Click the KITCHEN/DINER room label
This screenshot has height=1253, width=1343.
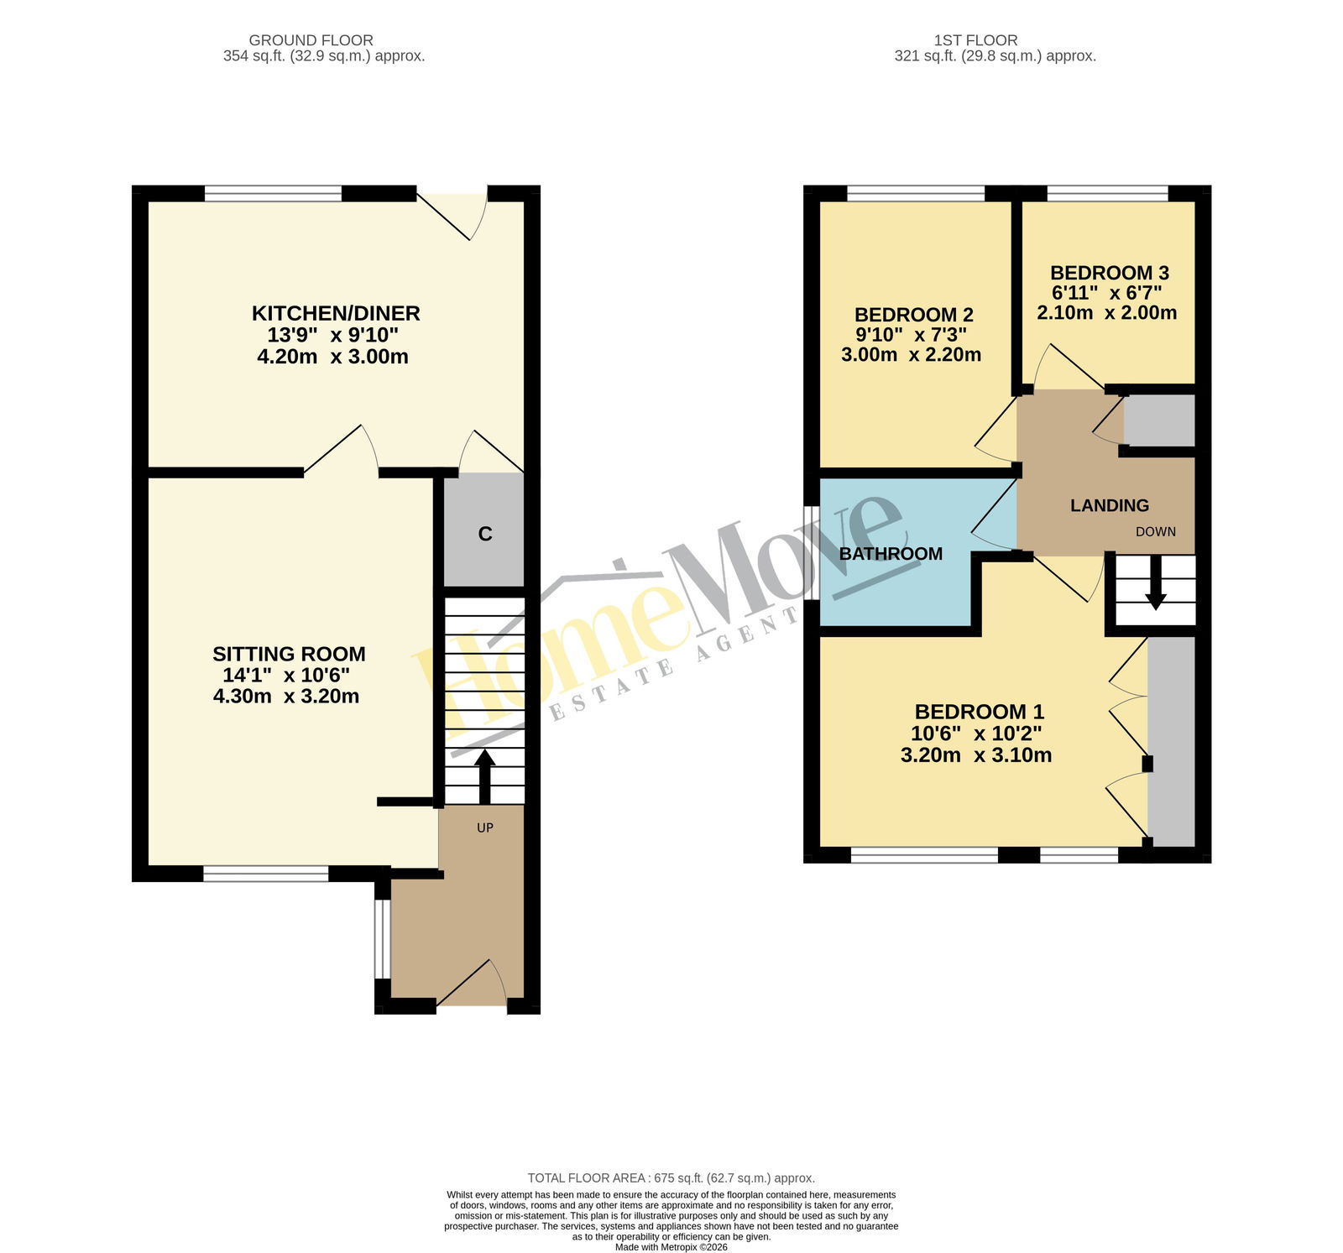336,313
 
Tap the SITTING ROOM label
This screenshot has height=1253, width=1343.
289,654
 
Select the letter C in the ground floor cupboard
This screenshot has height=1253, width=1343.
485,534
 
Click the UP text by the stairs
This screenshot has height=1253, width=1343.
485,828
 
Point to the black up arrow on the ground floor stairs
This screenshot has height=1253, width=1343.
485,777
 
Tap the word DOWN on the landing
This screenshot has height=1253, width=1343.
1156,531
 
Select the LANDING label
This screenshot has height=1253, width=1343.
1110,505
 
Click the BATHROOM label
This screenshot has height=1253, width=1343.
891,554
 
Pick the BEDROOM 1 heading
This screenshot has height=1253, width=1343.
979,712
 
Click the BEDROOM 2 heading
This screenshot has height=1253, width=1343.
913,315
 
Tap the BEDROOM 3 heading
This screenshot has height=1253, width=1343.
1110,273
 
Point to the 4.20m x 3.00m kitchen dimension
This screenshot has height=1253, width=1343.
332,357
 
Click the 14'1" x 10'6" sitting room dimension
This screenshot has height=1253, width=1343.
286,675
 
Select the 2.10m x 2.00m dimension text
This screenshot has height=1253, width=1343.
1106,313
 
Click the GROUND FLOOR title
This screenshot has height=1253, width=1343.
311,40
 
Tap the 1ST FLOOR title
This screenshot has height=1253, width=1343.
975,40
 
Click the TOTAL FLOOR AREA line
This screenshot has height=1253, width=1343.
671,1178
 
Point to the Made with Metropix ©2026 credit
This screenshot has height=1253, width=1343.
671,1247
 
